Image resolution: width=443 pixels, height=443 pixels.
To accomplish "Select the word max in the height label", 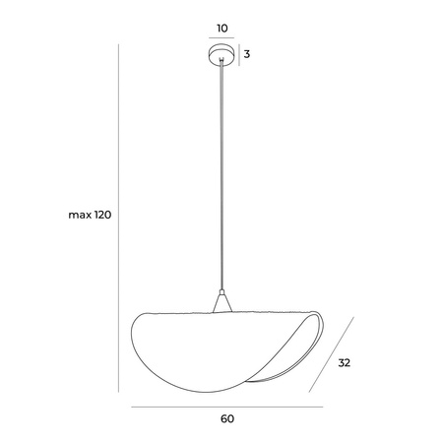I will coord(80,216).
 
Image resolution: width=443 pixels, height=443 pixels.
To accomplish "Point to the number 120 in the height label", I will coord(103,216).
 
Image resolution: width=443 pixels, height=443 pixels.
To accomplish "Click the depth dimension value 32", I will coord(344,362).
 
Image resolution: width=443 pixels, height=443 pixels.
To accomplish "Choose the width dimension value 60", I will coord(226,418).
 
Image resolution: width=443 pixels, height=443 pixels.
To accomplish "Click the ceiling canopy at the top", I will coord(221,54).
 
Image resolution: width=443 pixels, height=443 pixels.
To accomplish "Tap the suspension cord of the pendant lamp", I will coord(221,177).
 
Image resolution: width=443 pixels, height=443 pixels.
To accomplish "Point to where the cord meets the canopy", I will coord(221,65).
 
